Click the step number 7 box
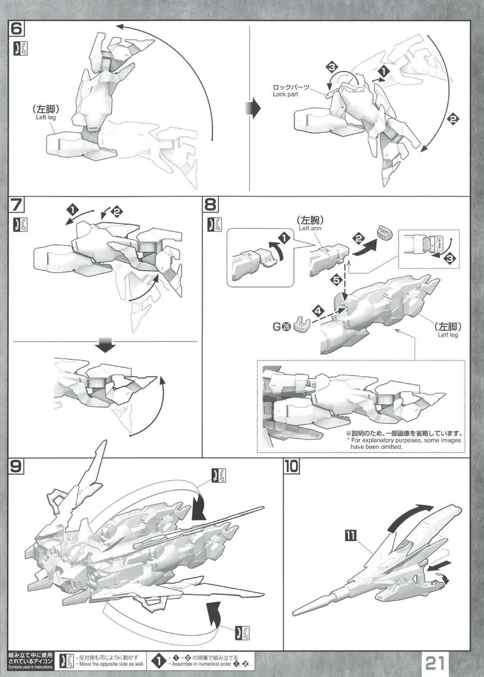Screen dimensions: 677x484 17,205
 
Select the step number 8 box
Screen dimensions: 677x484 211,205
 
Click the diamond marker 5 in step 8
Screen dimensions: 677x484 336,280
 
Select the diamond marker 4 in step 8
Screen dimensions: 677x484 318,311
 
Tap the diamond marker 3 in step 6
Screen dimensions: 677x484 332,68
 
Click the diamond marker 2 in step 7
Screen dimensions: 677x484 116,210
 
